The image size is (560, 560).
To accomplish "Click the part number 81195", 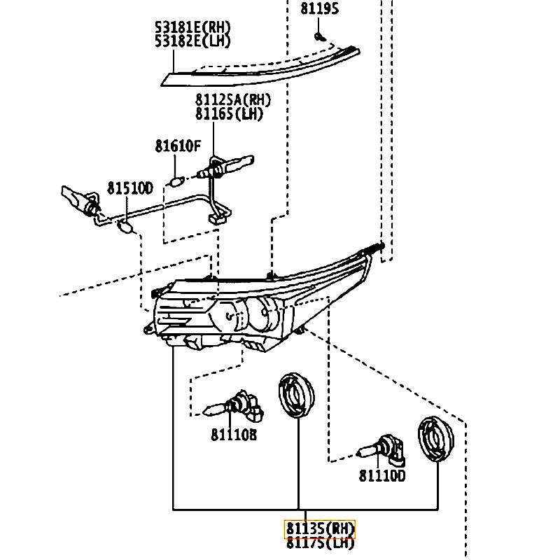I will [319, 9].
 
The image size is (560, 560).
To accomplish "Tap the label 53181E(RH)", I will [193, 28].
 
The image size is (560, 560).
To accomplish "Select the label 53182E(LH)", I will [193, 41].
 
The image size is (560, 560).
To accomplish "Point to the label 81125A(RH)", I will [233, 101].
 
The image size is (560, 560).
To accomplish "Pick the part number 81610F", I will [178, 146].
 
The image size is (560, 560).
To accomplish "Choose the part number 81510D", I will [129, 188].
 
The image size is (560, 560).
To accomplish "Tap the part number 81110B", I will [234, 435].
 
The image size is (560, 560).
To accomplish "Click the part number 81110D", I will [382, 476].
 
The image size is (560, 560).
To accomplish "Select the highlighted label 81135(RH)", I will [320, 528].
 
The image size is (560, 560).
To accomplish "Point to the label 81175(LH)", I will [320, 541].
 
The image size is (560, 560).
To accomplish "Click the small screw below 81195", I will [318, 35].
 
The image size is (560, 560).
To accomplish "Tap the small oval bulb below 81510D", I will [126, 226].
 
